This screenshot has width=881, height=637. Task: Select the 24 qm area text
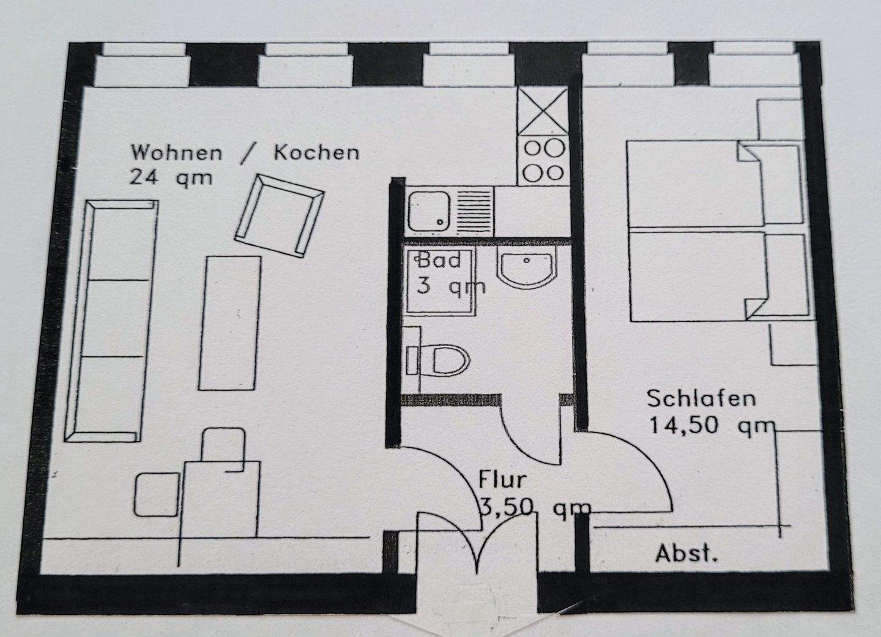[x=171, y=178]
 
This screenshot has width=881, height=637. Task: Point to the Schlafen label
[x=701, y=398]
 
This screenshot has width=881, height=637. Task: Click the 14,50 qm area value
[x=712, y=425]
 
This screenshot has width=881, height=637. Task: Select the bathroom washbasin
[x=527, y=269]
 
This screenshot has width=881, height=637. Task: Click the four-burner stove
[x=542, y=160]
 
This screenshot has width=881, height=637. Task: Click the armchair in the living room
[x=279, y=214]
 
